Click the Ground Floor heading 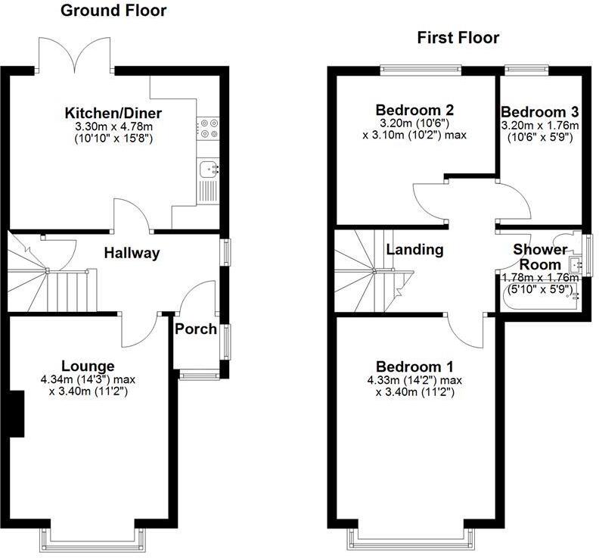coord(113,11)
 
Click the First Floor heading coord(458,38)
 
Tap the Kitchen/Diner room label coord(113,114)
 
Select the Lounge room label coord(89,366)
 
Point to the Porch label coord(196,329)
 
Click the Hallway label coord(132,253)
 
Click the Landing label coord(414,249)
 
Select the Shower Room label coord(540,257)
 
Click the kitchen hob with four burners coord(208,129)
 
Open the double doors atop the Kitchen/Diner coord(74,54)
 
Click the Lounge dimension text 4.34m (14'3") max coord(89,380)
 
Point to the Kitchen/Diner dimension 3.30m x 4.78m coord(113,127)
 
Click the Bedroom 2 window coord(420,70)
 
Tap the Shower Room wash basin coord(576,264)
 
